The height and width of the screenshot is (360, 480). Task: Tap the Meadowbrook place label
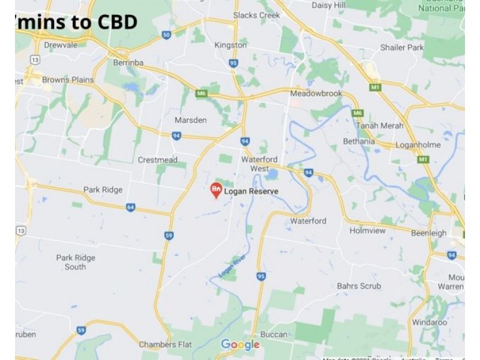[316, 94]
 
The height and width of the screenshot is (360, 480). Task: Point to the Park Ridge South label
[76, 262]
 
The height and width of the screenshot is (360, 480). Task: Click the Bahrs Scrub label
[359, 286]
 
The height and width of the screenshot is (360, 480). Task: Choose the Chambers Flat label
[166, 344]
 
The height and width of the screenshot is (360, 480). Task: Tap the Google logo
[240, 344]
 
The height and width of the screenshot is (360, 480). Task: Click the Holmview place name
[368, 229]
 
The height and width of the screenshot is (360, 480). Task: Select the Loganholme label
[418, 145]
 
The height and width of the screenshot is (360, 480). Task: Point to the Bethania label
[358, 142]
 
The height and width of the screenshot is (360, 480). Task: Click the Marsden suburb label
[190, 120]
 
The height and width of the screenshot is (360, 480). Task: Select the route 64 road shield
[130, 208]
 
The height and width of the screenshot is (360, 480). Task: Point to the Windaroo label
[430, 322]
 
